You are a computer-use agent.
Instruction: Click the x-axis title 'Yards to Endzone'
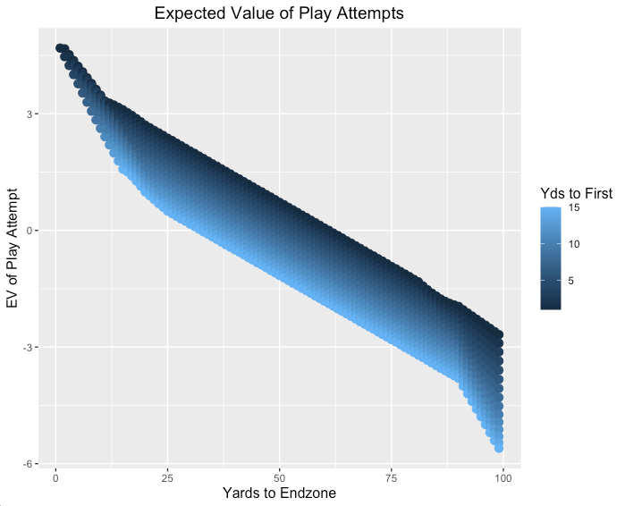tap(279, 493)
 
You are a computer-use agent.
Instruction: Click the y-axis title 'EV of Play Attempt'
tap(13, 249)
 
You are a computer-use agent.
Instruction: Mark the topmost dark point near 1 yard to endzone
tap(60, 48)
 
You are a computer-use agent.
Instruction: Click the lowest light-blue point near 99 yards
tap(499, 447)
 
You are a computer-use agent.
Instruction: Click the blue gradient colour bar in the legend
tap(551, 257)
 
